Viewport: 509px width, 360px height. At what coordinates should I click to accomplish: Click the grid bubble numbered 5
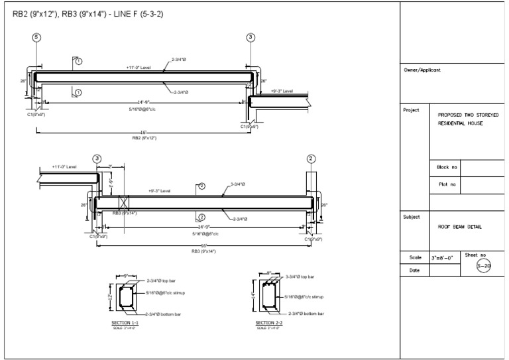pyautogui.click(x=37, y=37)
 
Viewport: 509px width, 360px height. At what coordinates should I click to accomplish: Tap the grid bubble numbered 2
pyautogui.click(x=311, y=158)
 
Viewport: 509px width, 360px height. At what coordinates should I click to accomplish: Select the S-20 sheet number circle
pyautogui.click(x=484, y=266)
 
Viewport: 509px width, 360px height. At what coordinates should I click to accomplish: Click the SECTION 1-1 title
pyautogui.click(x=125, y=323)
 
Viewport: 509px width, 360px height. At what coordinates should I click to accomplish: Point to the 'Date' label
pyautogui.click(x=414, y=270)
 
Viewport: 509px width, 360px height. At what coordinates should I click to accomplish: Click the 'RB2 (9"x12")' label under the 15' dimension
pyautogui.click(x=144, y=138)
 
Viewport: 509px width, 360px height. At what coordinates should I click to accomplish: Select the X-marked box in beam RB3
pyautogui.click(x=123, y=203)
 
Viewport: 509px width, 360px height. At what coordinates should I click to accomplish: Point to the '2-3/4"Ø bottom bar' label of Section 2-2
pyautogui.click(x=306, y=313)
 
